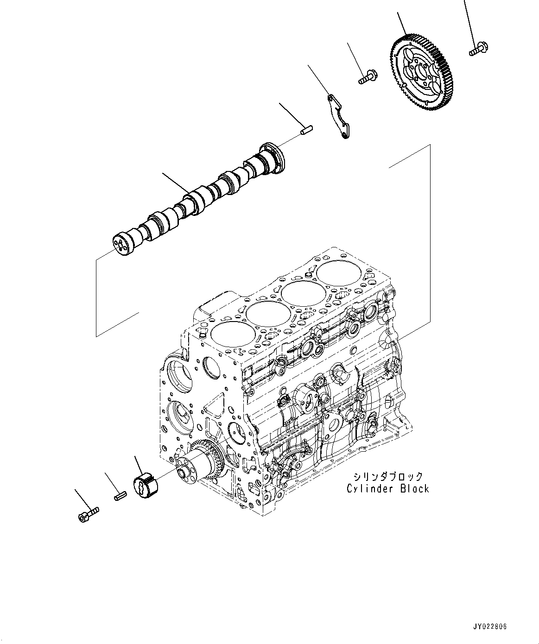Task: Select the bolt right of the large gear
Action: pyautogui.click(x=479, y=49)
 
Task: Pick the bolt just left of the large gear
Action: pyautogui.click(x=368, y=76)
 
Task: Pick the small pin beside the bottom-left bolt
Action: pyautogui.click(x=120, y=496)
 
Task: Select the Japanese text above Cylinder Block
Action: pyautogui.click(x=387, y=476)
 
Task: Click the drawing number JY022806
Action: pyautogui.click(x=490, y=626)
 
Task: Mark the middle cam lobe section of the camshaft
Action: pyautogui.click(x=204, y=197)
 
